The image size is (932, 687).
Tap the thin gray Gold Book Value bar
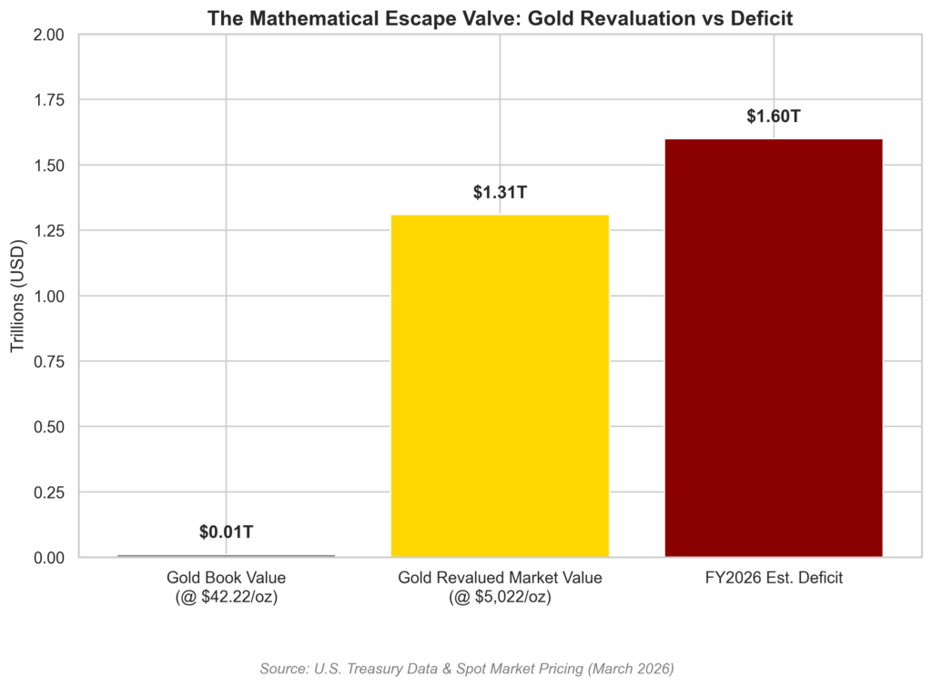[x=227, y=555]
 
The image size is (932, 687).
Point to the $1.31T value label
[x=500, y=193]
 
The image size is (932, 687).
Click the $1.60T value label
[x=774, y=116]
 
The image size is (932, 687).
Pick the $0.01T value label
[x=227, y=532]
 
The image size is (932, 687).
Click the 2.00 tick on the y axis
[x=49, y=35]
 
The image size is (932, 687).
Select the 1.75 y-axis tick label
[x=49, y=100]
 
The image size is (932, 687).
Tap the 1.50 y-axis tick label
[x=49, y=166]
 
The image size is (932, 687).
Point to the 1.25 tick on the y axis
[x=49, y=231]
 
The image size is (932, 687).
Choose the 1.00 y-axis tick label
[x=49, y=297]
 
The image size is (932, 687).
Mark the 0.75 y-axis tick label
[x=49, y=361]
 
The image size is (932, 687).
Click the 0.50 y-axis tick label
[x=49, y=427]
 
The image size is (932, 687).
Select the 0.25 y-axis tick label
[x=49, y=492]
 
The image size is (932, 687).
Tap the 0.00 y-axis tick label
[x=49, y=558]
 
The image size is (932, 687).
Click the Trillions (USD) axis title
[x=18, y=296]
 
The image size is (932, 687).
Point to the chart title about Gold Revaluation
[x=500, y=17]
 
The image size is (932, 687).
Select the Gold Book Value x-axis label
[x=227, y=587]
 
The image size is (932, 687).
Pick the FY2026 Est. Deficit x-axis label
[x=774, y=578]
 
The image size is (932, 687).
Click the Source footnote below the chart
[x=466, y=669]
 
